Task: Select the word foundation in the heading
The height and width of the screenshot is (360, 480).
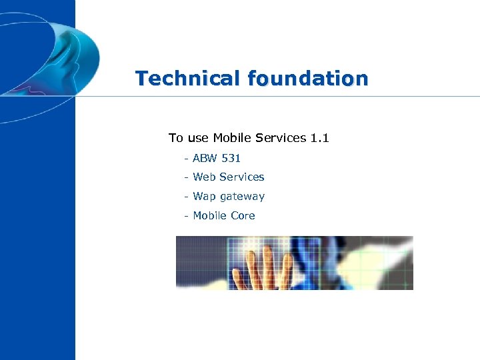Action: click(307, 79)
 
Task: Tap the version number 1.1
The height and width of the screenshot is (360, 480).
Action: click(319, 138)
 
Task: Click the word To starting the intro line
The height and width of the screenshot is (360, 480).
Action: click(175, 138)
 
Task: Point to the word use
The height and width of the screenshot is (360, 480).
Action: click(198, 138)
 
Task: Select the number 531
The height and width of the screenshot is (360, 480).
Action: click(231, 158)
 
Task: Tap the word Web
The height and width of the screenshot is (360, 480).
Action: click(204, 177)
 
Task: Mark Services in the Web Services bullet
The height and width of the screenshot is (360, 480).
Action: click(241, 177)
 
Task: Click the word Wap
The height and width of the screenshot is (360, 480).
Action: click(204, 197)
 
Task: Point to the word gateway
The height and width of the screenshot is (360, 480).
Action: click(242, 197)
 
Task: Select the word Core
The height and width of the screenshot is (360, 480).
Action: click(243, 215)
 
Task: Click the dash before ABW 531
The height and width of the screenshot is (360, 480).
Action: click(186, 159)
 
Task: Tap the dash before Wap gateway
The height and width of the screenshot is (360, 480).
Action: click(186, 197)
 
